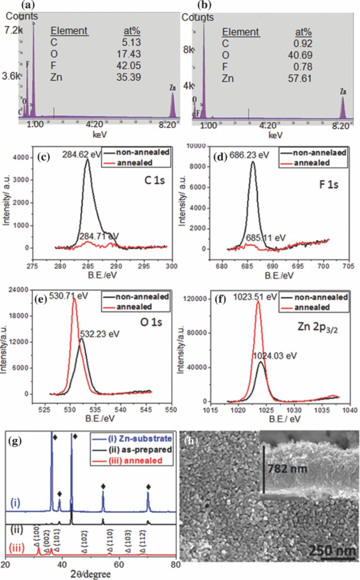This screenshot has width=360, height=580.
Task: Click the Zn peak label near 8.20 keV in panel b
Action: tap(343, 92)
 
